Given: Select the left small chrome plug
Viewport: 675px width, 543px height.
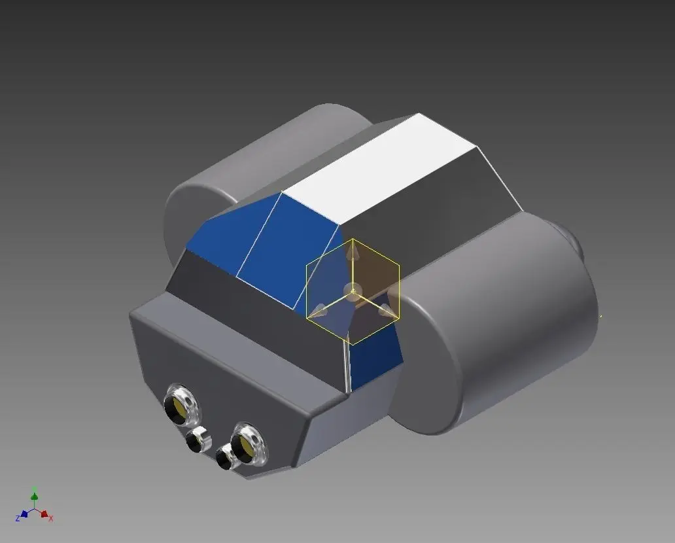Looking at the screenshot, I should (197, 440).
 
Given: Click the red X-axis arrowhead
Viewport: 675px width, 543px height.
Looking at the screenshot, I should (44, 514).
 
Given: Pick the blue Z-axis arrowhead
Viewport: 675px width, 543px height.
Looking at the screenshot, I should (24, 514).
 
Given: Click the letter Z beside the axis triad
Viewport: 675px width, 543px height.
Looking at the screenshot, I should (17, 519).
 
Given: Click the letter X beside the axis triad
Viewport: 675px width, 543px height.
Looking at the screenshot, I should (51, 519).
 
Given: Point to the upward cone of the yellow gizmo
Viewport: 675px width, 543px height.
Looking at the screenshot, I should (353, 249).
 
